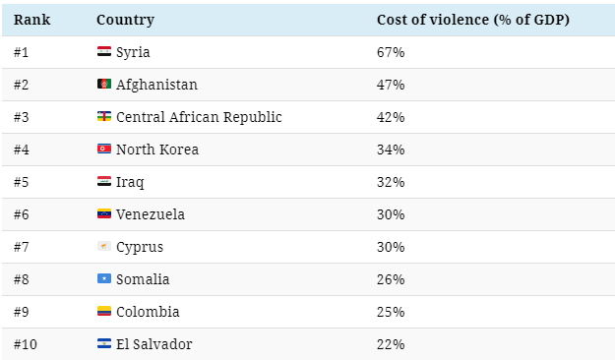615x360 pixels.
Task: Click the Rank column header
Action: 31,20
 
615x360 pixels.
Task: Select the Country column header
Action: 126,20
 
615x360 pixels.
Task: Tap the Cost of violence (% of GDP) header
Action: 473,20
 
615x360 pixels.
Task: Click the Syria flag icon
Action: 104,51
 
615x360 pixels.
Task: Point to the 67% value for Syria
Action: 391,52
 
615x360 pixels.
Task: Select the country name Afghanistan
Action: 156,85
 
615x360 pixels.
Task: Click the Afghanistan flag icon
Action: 104,84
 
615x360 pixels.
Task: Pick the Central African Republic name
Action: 199,117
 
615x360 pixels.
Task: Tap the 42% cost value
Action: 391,117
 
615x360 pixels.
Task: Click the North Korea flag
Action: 104,149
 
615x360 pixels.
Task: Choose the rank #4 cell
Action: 22,150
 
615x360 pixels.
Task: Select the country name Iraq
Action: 130,182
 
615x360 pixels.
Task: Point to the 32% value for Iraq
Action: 391,182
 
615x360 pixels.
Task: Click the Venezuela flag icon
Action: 104,213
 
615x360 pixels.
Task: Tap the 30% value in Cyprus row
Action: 391,247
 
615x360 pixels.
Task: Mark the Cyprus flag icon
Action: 104,246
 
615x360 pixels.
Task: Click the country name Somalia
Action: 143,279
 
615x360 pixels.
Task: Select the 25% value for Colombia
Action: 391,312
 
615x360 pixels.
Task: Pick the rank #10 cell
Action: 26,344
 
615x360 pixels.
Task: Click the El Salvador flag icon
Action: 104,343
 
